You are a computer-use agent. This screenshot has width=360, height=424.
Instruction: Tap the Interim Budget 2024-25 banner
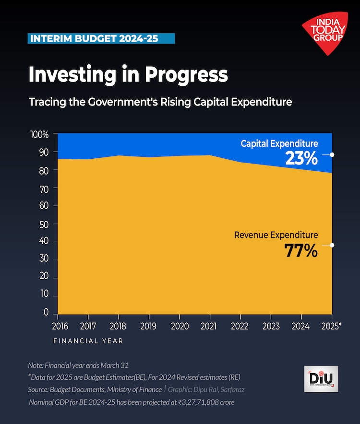[x=101, y=39]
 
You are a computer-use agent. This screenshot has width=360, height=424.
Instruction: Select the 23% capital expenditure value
[x=301, y=158]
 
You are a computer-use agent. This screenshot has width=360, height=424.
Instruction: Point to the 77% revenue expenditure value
[x=301, y=250]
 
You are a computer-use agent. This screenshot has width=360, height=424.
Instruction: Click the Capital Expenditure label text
[x=279, y=143]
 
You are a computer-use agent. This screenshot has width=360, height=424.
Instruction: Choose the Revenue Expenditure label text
[x=276, y=235]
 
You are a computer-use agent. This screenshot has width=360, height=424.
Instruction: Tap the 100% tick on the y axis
[x=40, y=135]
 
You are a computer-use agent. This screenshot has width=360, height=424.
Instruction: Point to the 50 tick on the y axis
[x=44, y=224]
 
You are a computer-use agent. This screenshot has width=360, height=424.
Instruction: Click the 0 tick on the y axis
[x=47, y=312]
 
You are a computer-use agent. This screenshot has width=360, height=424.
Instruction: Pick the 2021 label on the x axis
[x=209, y=326]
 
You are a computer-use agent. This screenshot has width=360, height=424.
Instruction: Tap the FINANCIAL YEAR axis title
[x=88, y=341]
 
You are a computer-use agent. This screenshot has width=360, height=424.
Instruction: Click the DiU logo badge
[x=321, y=379]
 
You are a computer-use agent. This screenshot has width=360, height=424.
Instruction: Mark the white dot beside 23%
[x=332, y=155]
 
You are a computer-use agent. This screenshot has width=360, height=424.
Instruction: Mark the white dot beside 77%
[x=332, y=245]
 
